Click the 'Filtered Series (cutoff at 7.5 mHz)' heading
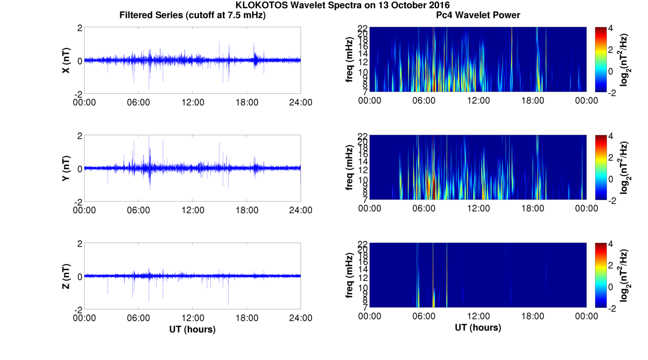click(x=192, y=15)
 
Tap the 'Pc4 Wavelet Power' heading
click(x=478, y=15)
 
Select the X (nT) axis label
click(x=66, y=60)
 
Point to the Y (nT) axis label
click(x=66, y=168)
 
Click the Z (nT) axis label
click(x=66, y=276)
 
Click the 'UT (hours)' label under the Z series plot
click(x=192, y=329)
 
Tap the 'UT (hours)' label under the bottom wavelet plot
click(x=478, y=328)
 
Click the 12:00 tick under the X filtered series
click(x=192, y=102)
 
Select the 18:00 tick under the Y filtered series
click(x=247, y=210)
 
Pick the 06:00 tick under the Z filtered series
click(x=138, y=318)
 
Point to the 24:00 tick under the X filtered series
click(x=301, y=102)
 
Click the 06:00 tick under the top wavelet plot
click(x=424, y=101)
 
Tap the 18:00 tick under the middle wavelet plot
click(x=532, y=208)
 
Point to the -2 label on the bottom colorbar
click(x=613, y=308)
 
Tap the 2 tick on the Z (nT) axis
click(x=80, y=244)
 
